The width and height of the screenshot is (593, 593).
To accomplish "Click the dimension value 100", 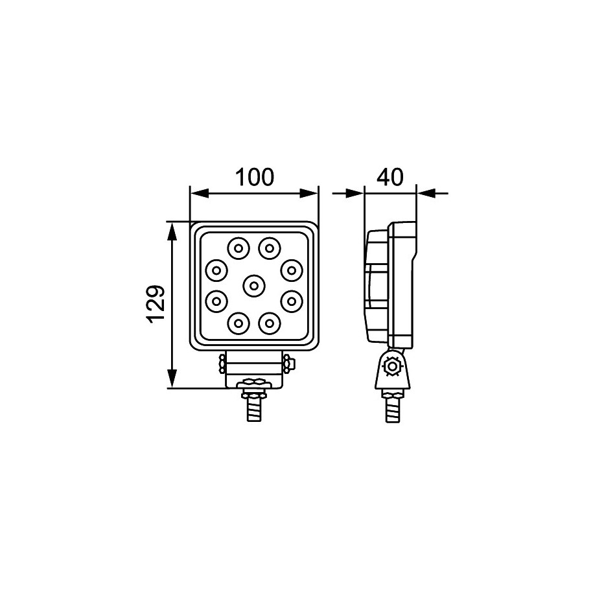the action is (x=255, y=178).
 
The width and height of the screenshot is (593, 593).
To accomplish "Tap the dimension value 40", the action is (x=390, y=178).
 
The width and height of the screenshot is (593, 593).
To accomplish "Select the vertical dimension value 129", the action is (x=156, y=304).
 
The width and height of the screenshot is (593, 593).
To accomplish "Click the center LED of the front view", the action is (x=254, y=285).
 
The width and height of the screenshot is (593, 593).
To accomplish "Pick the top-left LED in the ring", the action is (x=238, y=248).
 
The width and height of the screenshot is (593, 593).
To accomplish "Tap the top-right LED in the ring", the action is (x=269, y=248).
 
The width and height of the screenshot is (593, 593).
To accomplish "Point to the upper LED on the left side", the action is (x=216, y=270).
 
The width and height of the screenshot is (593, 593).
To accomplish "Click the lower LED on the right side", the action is (x=291, y=301).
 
